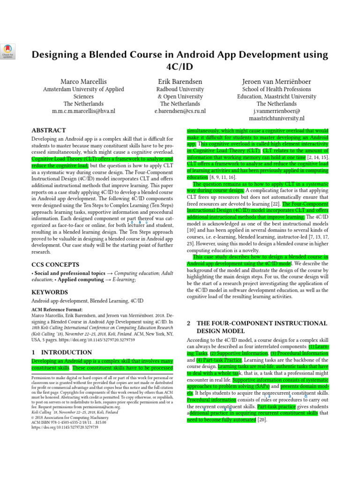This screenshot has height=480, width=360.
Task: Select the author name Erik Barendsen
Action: click(x=180, y=82)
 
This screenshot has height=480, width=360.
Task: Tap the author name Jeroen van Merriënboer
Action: click(x=276, y=82)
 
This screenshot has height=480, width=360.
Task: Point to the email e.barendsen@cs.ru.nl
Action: click(x=180, y=112)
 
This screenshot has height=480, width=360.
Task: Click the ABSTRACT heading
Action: click(x=48, y=130)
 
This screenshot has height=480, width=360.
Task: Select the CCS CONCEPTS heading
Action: click(x=55, y=264)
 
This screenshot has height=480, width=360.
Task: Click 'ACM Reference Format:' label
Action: click(x=57, y=310)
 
